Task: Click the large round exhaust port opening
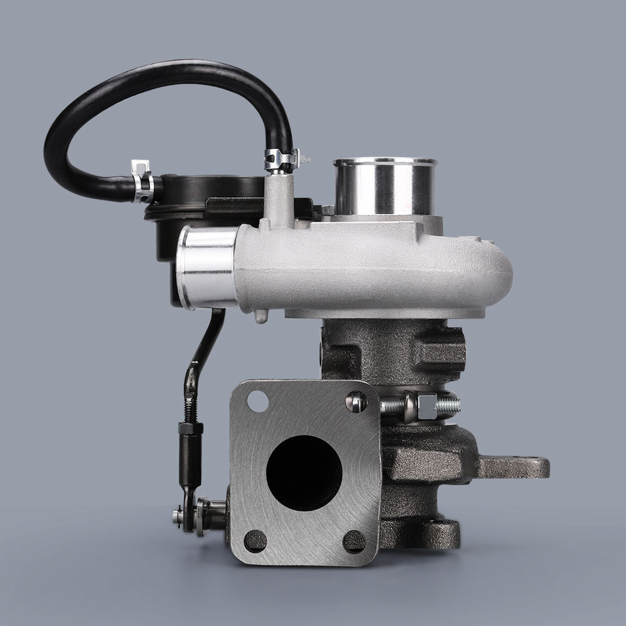click(304, 473)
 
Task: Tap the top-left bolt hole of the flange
click(257, 401)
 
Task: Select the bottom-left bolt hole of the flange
click(255, 540)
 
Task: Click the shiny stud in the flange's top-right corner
click(356, 401)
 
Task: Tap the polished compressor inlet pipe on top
click(384, 187)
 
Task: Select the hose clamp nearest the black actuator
click(143, 182)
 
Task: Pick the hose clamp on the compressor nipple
click(281, 160)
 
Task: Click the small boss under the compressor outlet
click(261, 316)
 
